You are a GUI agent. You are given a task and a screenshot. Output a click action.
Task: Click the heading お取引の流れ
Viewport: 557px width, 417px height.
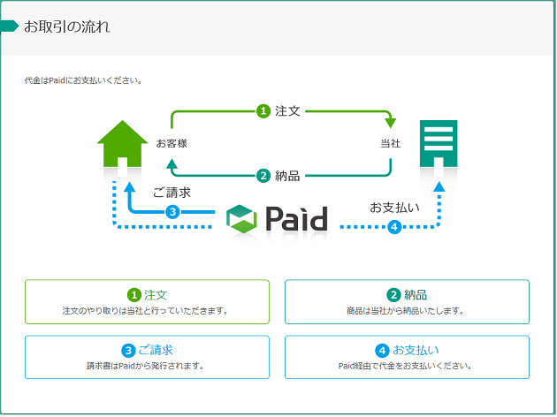[x=67, y=27]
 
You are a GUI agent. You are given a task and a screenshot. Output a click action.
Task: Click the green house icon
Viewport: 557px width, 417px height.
[x=123, y=144]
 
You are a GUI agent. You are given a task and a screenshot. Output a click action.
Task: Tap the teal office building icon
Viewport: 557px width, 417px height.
[x=439, y=144]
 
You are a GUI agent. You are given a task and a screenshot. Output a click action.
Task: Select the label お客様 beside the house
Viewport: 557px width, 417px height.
[x=172, y=143]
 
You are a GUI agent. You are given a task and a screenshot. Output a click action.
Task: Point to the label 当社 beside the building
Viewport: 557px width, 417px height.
[x=391, y=143]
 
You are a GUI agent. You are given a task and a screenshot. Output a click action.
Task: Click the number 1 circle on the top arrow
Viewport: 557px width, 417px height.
[x=263, y=111]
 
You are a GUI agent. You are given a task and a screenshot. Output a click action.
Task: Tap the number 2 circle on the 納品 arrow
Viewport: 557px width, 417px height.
[x=263, y=176]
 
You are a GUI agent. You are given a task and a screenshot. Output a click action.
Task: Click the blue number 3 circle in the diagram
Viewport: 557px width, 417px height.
[x=172, y=212]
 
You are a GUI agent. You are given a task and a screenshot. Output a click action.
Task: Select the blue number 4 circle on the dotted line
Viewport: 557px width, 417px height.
[x=394, y=227]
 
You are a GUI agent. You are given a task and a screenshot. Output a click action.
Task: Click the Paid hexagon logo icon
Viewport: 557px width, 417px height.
[x=241, y=219]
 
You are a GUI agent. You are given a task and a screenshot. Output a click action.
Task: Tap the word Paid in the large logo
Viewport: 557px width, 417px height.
[x=296, y=218]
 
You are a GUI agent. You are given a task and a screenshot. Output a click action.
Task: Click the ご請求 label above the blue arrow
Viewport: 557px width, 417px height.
[x=172, y=193]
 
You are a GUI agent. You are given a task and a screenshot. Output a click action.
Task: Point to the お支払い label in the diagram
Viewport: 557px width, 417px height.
[x=394, y=208]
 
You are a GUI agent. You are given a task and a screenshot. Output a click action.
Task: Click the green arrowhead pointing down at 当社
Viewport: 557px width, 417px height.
[x=391, y=123]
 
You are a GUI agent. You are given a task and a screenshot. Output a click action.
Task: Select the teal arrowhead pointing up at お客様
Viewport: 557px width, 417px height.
[x=172, y=163]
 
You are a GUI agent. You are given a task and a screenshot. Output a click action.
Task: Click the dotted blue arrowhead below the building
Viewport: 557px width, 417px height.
[x=439, y=186]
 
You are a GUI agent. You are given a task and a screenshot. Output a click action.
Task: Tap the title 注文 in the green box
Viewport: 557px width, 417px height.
[x=156, y=295]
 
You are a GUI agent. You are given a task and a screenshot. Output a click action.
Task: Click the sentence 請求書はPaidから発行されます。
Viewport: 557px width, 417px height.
[x=146, y=366]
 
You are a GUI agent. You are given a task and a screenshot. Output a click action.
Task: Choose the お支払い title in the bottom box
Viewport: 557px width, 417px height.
[x=416, y=350]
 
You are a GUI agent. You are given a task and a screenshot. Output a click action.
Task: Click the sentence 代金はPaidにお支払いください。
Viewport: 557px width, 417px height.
[x=84, y=80]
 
